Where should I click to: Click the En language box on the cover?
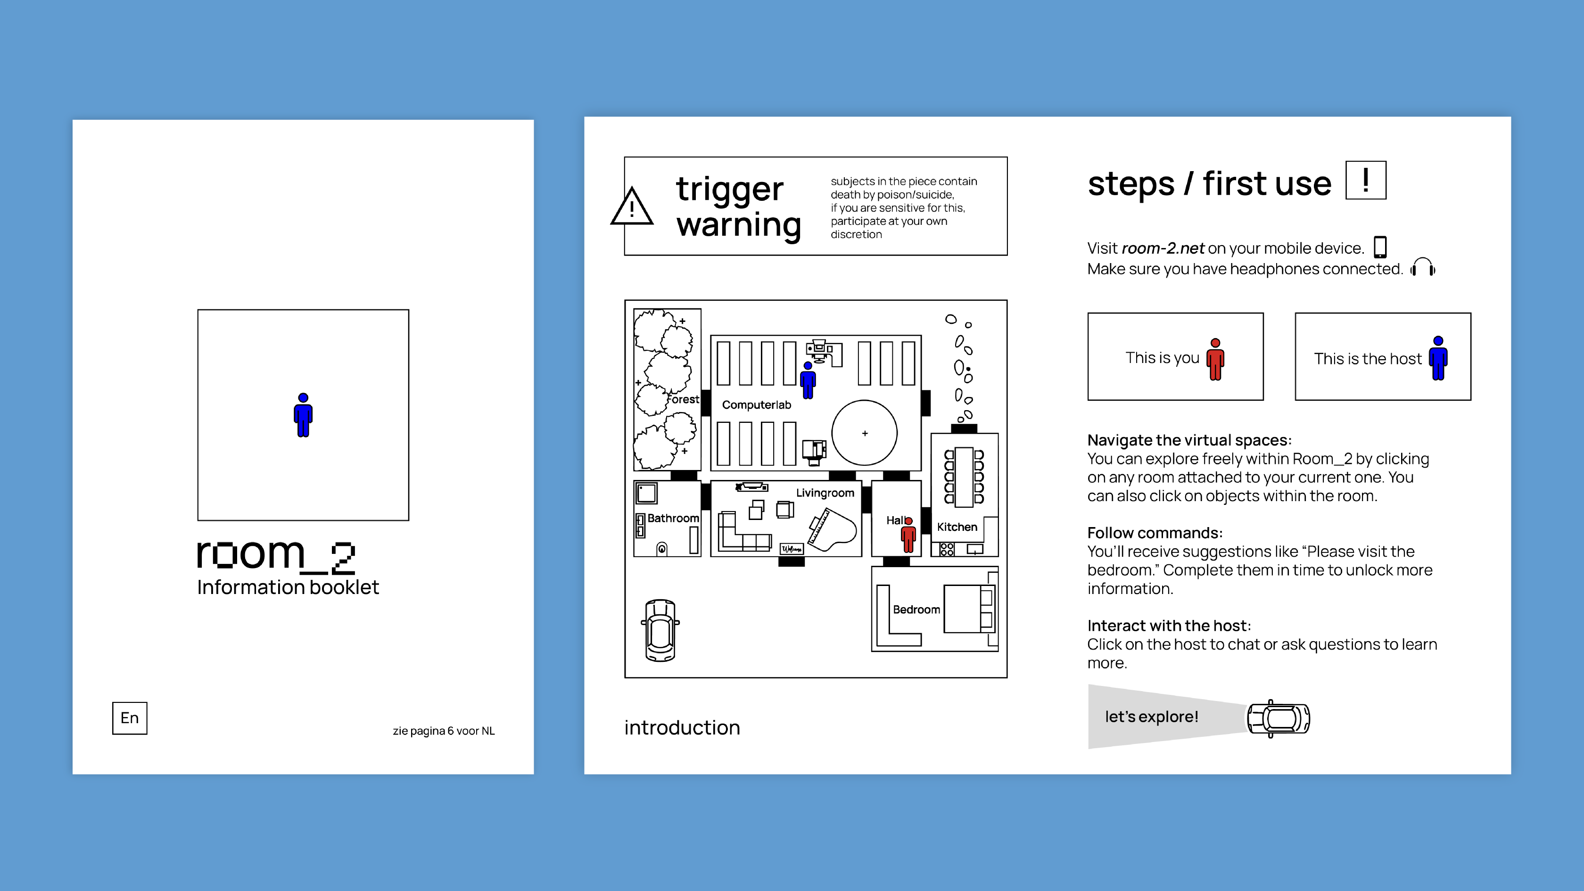tap(130, 718)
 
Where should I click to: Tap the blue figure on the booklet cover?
tap(303, 415)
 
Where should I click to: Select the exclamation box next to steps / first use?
tap(1366, 180)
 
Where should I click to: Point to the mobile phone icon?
tap(1380, 247)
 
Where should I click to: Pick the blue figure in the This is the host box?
tap(1438, 358)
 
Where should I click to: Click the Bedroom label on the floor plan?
tap(916, 610)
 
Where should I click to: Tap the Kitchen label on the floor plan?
tap(957, 527)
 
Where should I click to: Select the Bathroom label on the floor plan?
tap(673, 519)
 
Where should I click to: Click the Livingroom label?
tap(825, 493)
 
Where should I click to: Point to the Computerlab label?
tap(756, 404)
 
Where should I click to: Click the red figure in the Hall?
tap(908, 536)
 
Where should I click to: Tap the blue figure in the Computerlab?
tap(808, 380)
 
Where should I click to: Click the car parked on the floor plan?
tap(660, 630)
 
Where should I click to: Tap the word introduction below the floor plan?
tap(682, 727)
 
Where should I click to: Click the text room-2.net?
tap(1163, 248)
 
